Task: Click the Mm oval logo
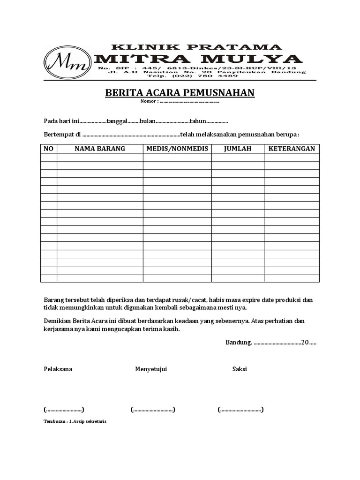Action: (67, 62)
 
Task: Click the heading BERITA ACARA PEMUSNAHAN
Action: (180, 92)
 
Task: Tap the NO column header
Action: (49, 149)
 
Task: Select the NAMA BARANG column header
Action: (100, 149)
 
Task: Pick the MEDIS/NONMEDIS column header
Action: (177, 149)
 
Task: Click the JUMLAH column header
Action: (238, 149)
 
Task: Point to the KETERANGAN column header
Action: (292, 149)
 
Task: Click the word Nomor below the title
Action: (149, 101)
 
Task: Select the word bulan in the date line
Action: (147, 121)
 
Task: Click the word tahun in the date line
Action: (198, 121)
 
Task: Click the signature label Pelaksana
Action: (58, 369)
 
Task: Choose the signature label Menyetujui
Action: (151, 369)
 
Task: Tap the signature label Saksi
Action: (240, 369)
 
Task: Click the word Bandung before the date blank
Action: (239, 342)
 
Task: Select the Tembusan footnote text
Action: (75, 421)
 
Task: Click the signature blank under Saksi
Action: (240, 409)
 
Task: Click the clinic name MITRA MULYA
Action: (198, 59)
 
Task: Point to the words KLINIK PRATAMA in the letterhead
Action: (196, 47)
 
